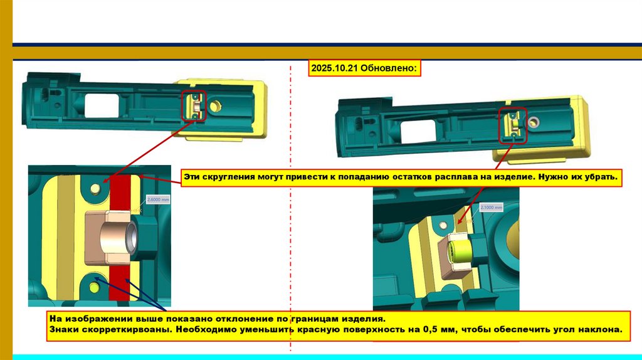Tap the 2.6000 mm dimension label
point(158,199)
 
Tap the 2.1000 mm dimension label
point(491,207)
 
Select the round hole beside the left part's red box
point(215,106)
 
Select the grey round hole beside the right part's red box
point(535,120)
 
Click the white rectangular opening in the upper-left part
point(102,105)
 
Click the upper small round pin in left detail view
point(95,188)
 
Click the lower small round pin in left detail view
point(95,287)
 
